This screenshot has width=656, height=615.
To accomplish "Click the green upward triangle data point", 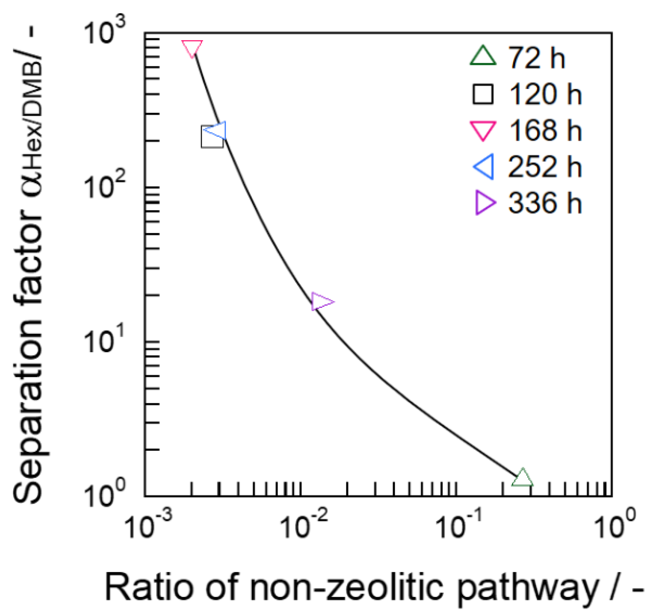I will click(522, 478).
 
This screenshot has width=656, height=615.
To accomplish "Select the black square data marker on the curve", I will click(212, 138).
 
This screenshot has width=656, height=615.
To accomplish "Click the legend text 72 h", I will click(536, 58).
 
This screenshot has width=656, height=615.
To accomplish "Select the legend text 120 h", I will click(545, 95).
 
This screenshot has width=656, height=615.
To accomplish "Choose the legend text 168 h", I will click(545, 130).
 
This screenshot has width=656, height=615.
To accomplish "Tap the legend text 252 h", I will click(545, 167).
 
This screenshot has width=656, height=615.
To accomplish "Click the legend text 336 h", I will click(545, 203).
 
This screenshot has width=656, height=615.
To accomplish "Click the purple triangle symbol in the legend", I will click(484, 203).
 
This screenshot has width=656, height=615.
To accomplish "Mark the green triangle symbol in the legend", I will click(483, 57).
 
